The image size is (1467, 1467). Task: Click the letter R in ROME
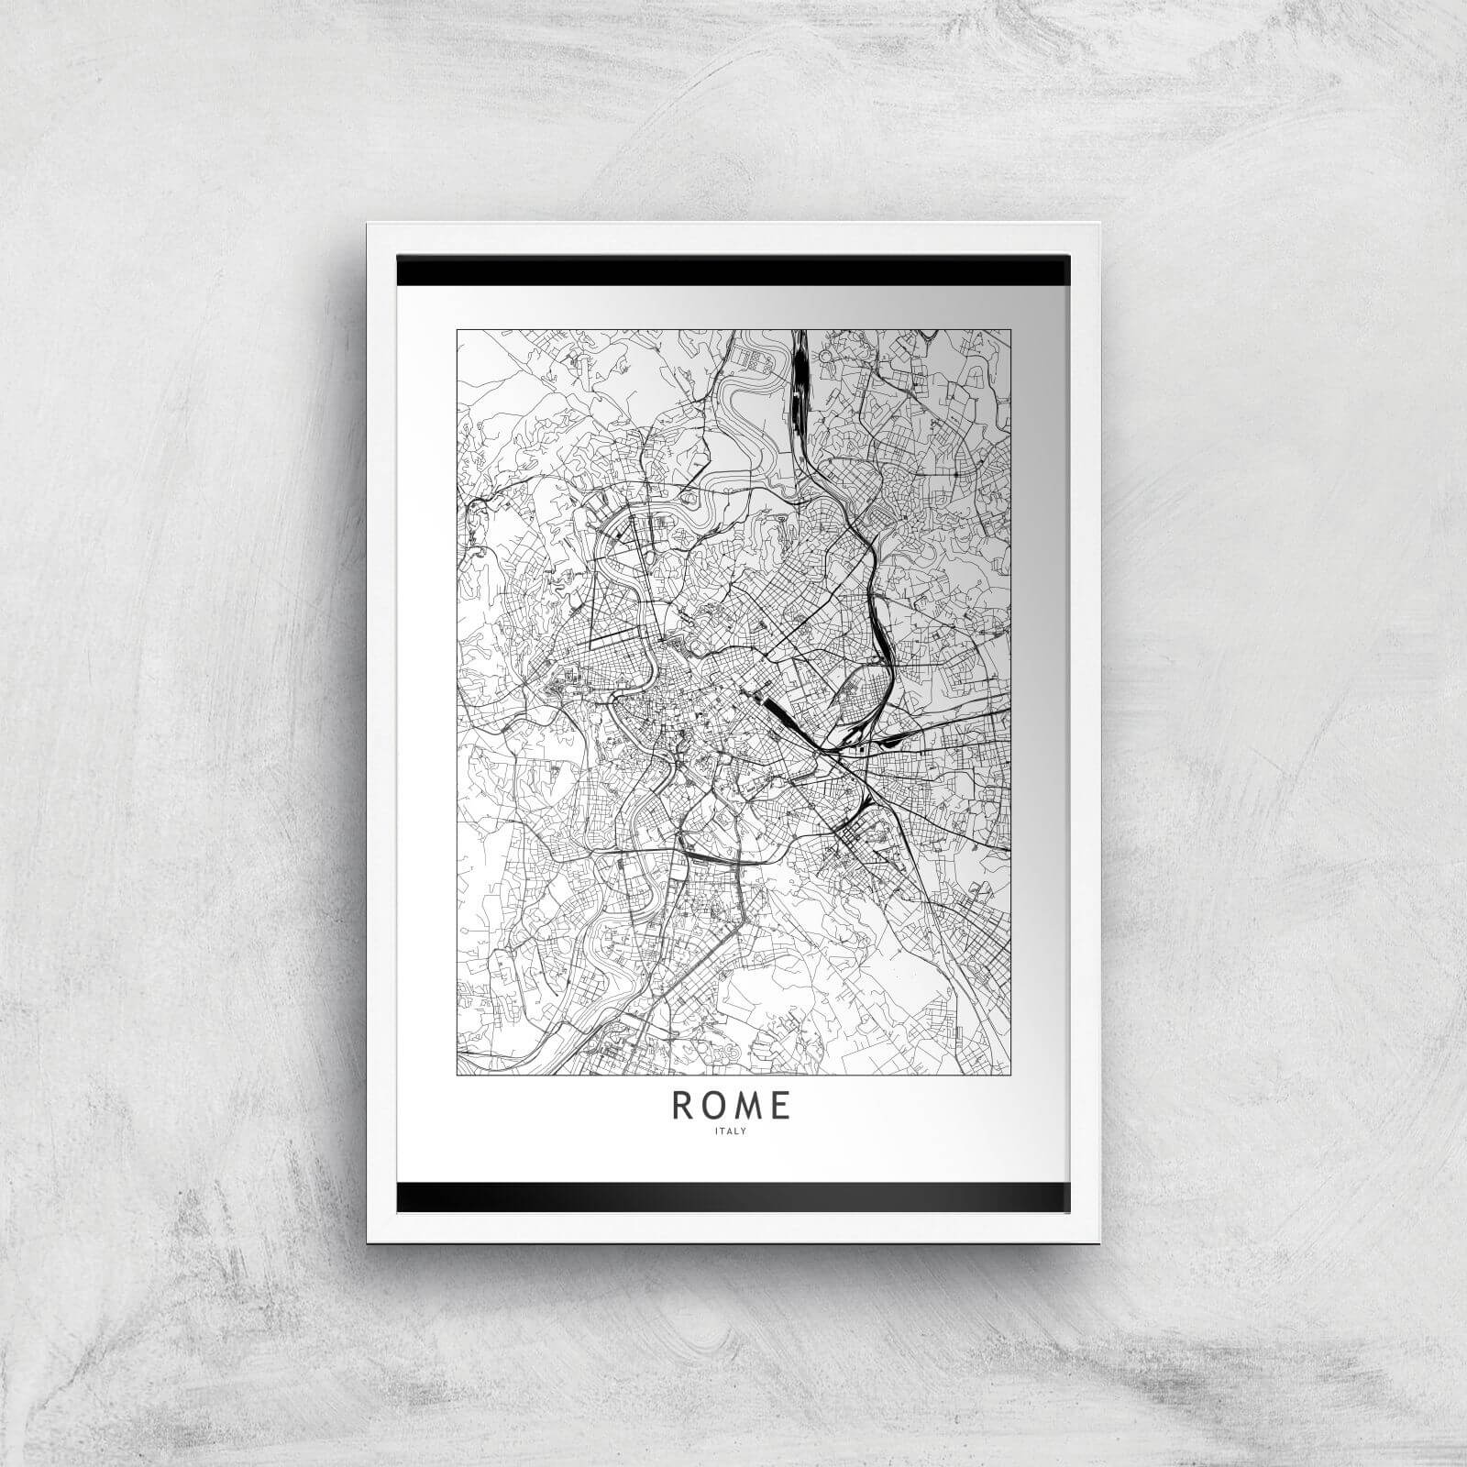pyautogui.click(x=683, y=1107)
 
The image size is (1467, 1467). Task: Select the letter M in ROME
pyautogui.click(x=749, y=1107)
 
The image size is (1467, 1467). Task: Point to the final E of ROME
pyautogui.click(x=781, y=1107)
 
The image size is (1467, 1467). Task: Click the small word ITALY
pyautogui.click(x=733, y=1131)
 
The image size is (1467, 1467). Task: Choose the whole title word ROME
pyautogui.click(x=732, y=1107)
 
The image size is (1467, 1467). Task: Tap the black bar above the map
pyautogui.click(x=733, y=271)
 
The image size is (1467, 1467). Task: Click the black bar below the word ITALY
pyautogui.click(x=733, y=1195)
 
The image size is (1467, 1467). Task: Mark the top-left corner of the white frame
pyautogui.click(x=368, y=224)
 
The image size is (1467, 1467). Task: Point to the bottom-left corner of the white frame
pyautogui.click(x=368, y=1242)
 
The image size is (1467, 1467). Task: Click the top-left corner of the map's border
pyautogui.click(x=458, y=329)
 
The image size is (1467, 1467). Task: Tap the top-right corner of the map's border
pyautogui.click(x=1011, y=329)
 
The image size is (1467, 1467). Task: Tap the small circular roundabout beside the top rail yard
pyautogui.click(x=825, y=354)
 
